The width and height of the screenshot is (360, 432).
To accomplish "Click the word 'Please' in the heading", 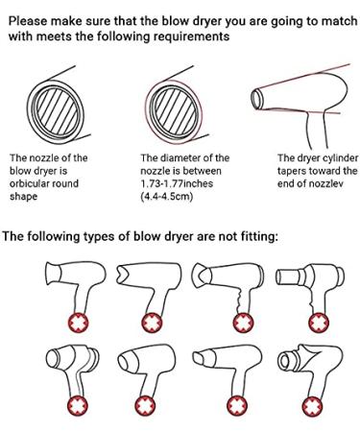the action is [x=28, y=21].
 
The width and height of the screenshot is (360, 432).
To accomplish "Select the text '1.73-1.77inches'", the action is [x=177, y=183].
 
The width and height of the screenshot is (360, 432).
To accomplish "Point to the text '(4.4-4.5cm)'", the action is [x=167, y=196].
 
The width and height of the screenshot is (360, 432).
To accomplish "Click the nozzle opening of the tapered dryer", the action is [x=256, y=99].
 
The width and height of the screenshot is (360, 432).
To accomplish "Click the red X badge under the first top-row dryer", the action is [x=78, y=322].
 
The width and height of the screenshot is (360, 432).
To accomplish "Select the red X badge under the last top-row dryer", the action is [x=319, y=322].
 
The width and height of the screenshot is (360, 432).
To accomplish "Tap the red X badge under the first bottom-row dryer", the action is [x=77, y=405].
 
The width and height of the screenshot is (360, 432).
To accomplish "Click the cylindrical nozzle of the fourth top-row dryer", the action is [x=287, y=276].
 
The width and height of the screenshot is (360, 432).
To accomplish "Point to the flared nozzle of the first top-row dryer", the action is [x=53, y=274].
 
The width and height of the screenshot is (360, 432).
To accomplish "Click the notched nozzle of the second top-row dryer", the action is [x=123, y=275].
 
